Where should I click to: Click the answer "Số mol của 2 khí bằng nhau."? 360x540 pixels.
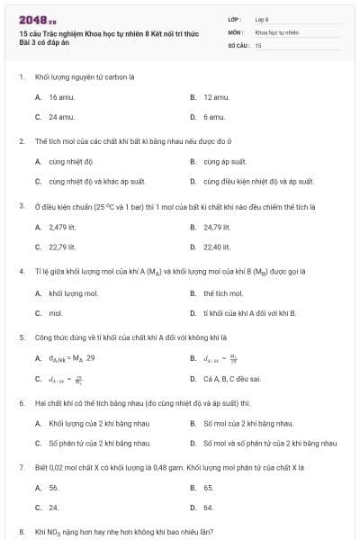click(248, 423)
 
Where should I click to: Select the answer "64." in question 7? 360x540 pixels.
click(209, 508)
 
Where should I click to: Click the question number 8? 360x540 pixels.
click(21, 532)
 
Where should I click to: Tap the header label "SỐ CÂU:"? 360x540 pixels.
click(237, 44)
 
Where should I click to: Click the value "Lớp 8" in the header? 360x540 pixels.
click(262, 19)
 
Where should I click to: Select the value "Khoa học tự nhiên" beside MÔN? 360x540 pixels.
click(276, 31)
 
